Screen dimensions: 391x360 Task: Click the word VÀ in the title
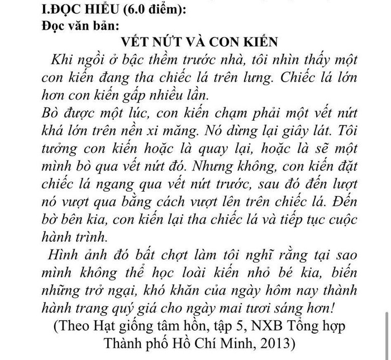pos(211,42)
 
